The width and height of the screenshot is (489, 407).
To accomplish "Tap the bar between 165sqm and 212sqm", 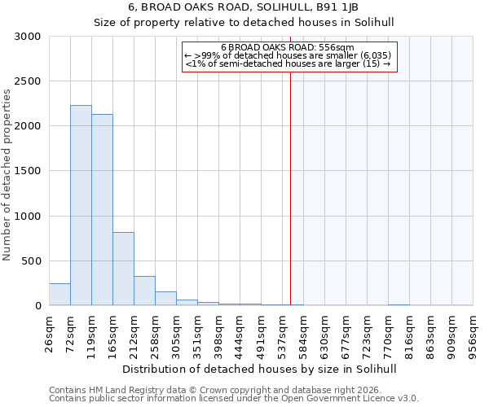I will coord(123,269).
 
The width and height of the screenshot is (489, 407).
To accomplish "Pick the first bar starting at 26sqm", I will coord(59,295).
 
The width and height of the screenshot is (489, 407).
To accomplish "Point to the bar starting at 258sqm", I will coord(165,299).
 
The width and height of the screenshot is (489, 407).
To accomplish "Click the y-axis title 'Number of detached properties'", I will coord(7,176).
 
